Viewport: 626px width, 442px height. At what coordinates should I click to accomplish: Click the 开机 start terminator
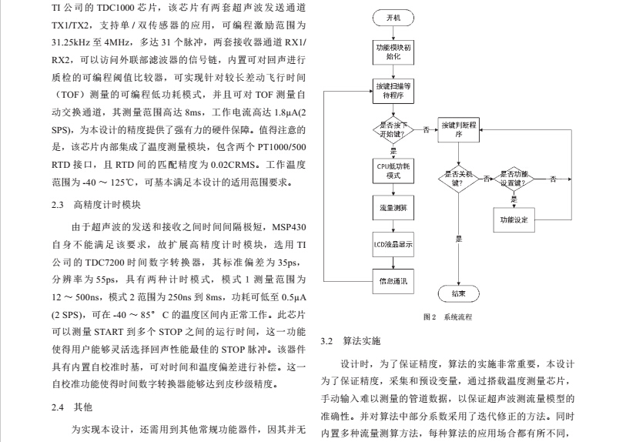tap(393, 17)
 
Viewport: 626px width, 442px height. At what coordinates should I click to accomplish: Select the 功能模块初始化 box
tap(393, 52)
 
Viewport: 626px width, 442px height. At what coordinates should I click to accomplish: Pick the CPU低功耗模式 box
tap(393, 170)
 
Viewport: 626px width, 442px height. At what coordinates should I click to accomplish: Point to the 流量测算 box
tap(393, 209)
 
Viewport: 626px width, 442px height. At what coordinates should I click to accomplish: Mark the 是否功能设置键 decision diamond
tap(514, 179)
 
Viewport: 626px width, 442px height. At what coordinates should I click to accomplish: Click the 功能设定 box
tap(514, 220)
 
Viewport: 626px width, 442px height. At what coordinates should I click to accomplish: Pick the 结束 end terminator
tap(459, 293)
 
